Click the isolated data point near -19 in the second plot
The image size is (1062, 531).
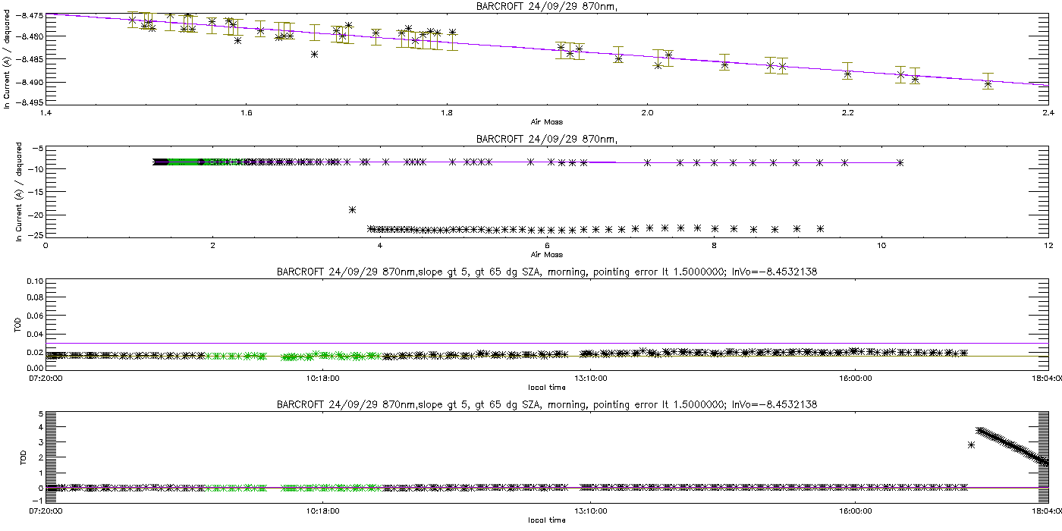[352, 209]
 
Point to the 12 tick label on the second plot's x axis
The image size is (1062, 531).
[1048, 246]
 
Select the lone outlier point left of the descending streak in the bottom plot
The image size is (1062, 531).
[971, 445]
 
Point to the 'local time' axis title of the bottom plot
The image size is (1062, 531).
[547, 520]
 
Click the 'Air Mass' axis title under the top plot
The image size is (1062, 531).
[547, 121]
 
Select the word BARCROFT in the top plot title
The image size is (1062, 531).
[502, 7]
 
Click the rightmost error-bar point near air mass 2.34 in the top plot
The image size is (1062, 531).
[988, 84]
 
